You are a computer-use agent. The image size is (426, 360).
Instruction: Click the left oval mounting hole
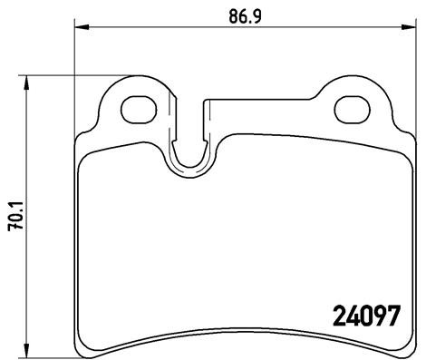(138, 108)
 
